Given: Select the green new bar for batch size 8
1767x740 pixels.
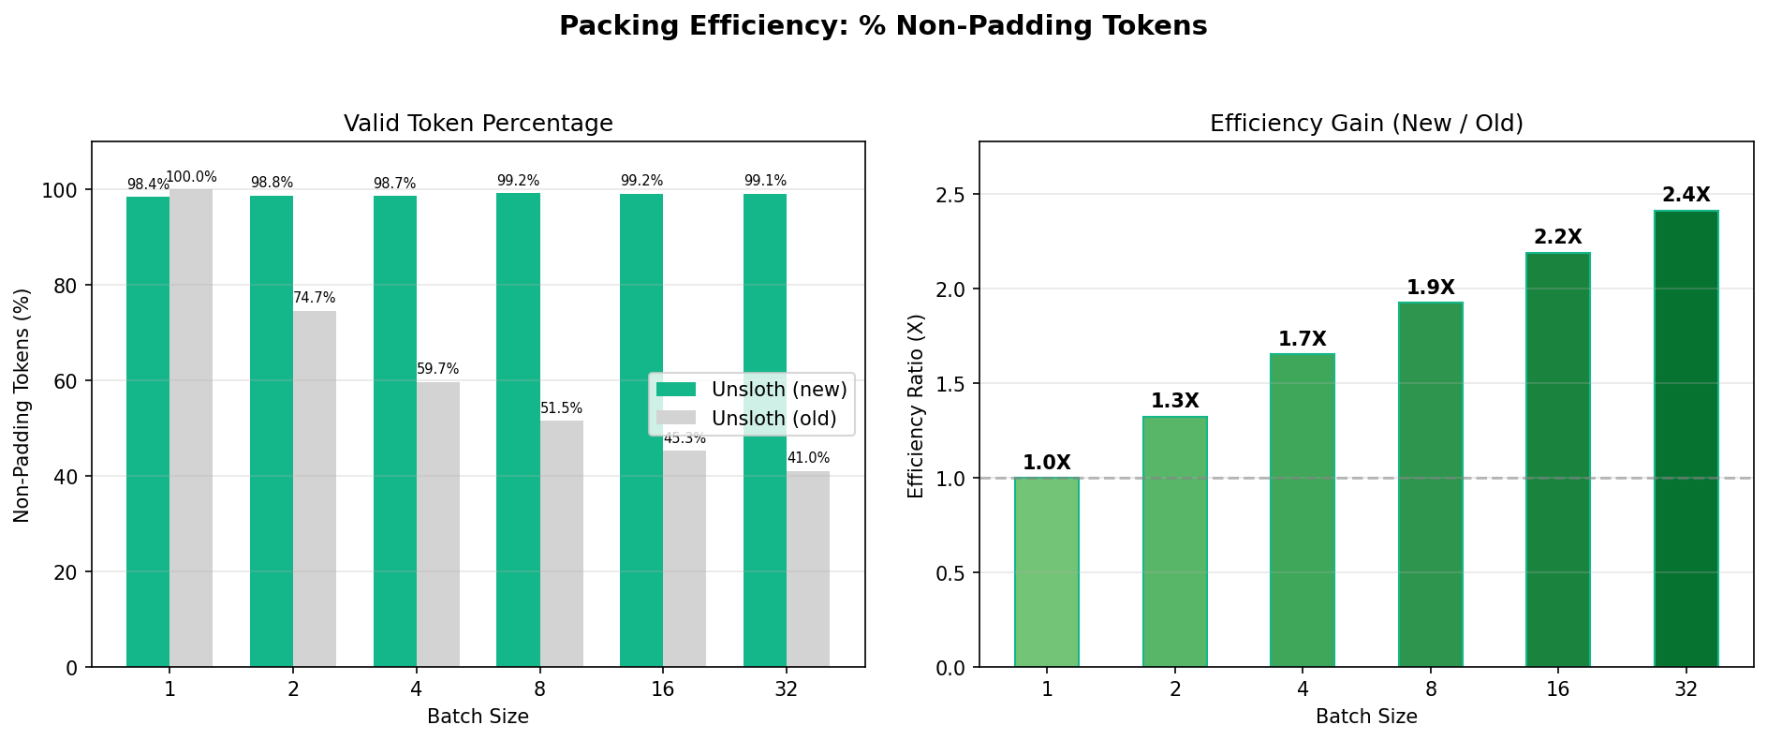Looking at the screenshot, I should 518,431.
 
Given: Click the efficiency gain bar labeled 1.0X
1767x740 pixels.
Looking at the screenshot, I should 1047,572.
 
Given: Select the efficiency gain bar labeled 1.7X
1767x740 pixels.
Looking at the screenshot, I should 1303,511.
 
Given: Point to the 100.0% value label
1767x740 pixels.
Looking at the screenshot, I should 191,177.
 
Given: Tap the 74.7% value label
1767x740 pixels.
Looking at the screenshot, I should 315,298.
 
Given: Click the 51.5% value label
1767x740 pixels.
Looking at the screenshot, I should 561,408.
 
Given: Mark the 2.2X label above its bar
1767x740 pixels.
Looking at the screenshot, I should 1558,238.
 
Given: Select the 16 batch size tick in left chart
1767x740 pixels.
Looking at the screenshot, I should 663,690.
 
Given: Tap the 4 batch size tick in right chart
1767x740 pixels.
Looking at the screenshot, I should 1303,690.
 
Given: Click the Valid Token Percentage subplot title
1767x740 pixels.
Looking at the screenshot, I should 479,124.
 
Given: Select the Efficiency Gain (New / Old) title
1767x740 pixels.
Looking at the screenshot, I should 1366,124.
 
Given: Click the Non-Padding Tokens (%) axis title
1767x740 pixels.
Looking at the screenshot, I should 23,405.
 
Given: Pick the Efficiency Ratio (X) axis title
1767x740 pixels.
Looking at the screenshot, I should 916,405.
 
